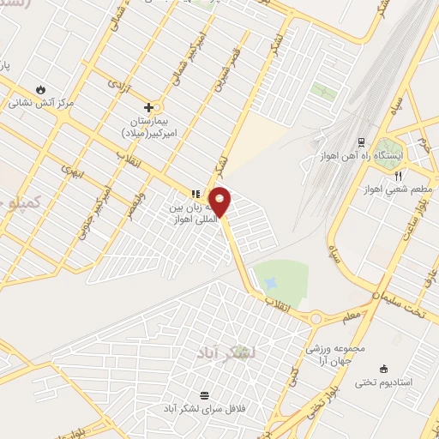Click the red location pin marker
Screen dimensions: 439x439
tap(221, 201)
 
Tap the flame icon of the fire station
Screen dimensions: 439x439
tap(41, 89)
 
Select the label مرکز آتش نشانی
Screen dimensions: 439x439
tap(43, 103)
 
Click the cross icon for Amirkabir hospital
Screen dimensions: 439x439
tap(149, 107)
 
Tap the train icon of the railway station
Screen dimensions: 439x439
tap(361, 142)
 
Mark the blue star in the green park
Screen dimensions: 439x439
tap(271, 283)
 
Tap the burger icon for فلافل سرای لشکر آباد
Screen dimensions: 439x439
tap(204, 395)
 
